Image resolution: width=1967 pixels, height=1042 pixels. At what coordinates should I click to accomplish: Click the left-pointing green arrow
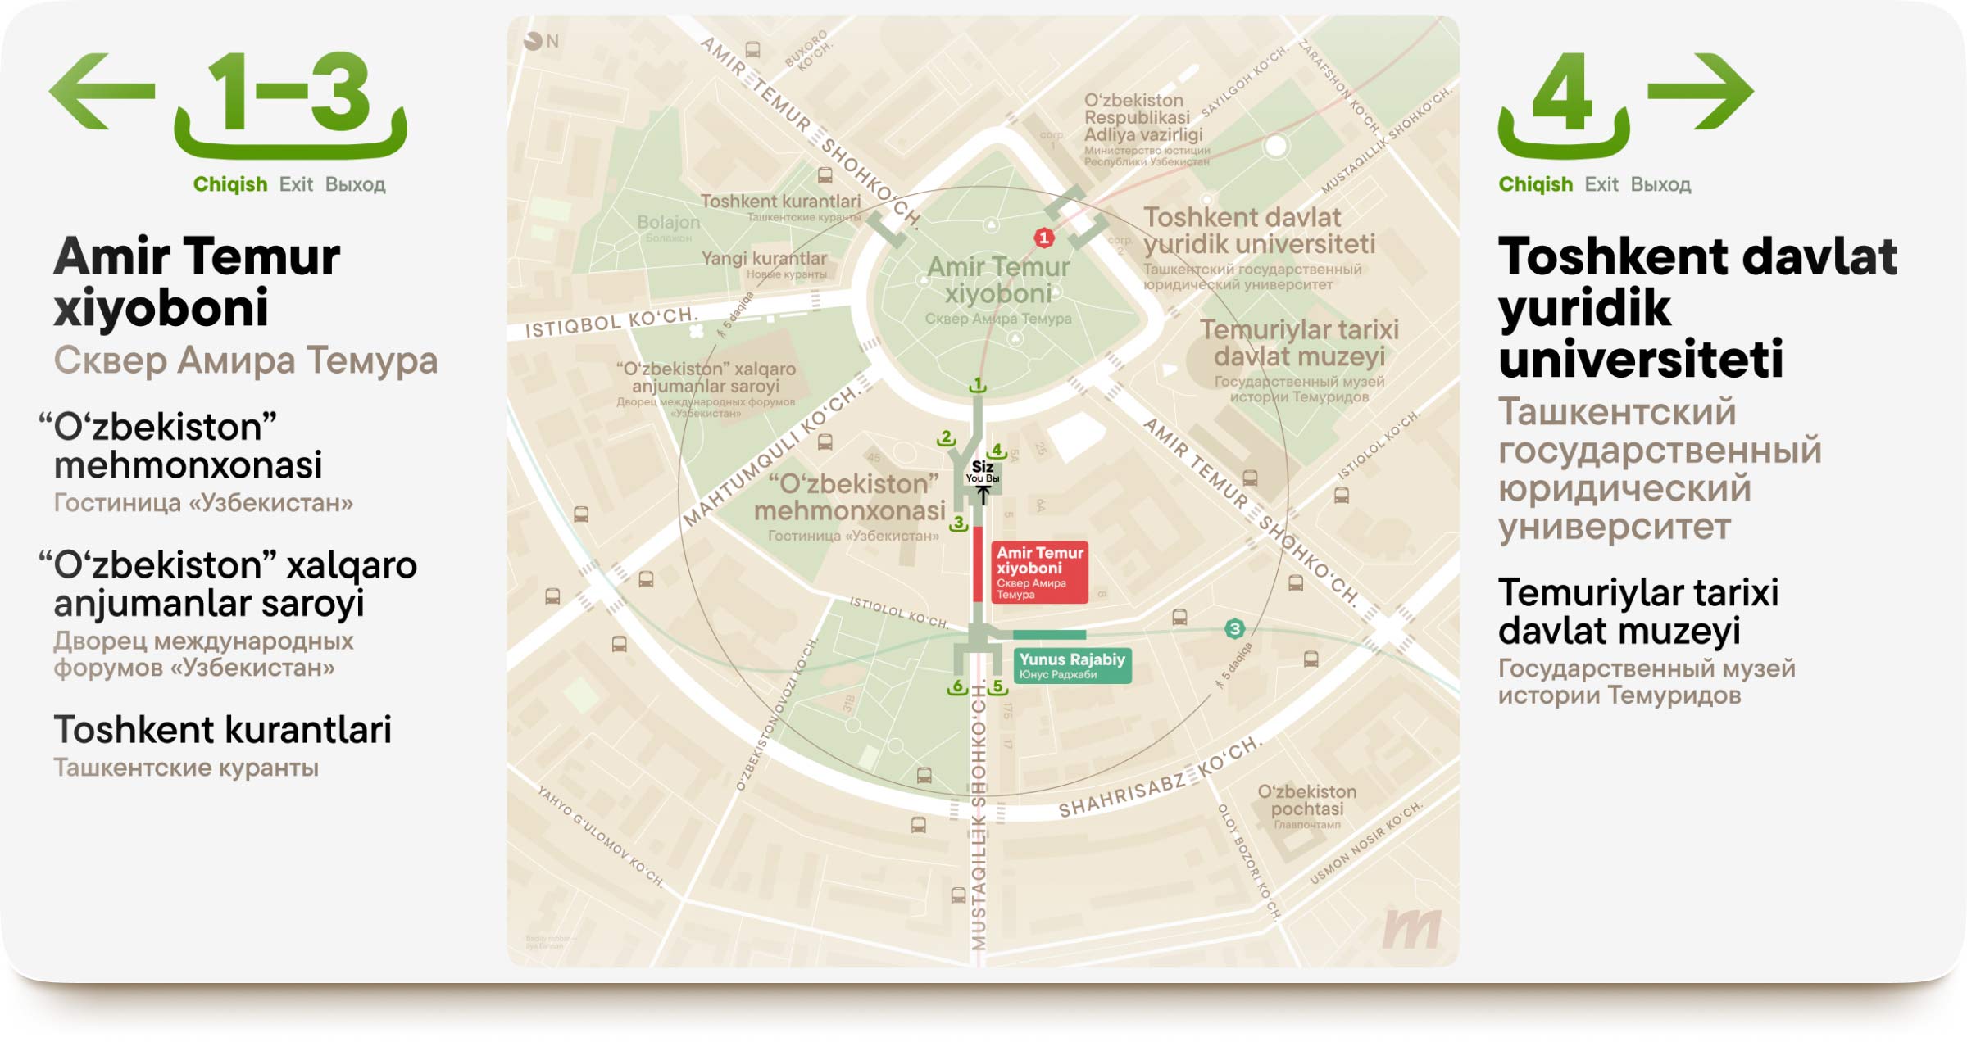pyautogui.click(x=100, y=91)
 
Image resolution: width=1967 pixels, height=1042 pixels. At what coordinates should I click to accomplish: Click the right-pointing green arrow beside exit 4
pyautogui.click(x=1701, y=91)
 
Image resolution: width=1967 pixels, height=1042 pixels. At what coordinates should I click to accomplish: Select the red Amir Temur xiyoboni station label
pyautogui.click(x=1038, y=573)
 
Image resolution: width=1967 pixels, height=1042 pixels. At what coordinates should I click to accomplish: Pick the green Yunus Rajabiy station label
pyautogui.click(x=1072, y=665)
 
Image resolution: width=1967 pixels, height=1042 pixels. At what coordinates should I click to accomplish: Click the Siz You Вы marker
pyautogui.click(x=982, y=473)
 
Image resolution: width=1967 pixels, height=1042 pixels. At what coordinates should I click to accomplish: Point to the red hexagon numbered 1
pyautogui.click(x=1043, y=238)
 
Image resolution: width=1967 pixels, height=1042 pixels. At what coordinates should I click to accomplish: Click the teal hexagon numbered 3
pyautogui.click(x=1234, y=628)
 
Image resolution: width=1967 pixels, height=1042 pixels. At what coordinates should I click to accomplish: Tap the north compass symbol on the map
pyautogui.click(x=534, y=41)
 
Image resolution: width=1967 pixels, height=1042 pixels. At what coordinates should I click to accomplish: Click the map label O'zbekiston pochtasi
pyautogui.click(x=1306, y=800)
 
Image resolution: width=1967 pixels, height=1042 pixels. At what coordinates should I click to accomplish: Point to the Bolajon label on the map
pyautogui.click(x=668, y=223)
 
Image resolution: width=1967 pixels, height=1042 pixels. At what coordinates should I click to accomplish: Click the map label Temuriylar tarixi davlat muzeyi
pyautogui.click(x=1299, y=343)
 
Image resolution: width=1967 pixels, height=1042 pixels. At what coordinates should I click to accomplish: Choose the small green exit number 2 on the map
pyautogui.click(x=947, y=438)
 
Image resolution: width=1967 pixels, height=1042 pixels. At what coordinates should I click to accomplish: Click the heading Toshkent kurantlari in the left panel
pyautogui.click(x=222, y=729)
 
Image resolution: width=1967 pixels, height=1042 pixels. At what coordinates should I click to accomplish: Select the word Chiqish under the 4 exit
pyautogui.click(x=1535, y=184)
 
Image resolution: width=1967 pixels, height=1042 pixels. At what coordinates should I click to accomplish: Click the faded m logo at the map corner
pyautogui.click(x=1411, y=929)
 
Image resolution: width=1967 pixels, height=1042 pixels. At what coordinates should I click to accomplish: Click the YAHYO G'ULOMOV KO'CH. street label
pyautogui.click(x=600, y=836)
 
